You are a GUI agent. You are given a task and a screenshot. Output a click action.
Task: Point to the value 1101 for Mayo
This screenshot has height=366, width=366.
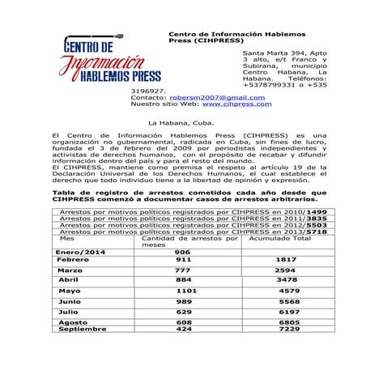click(x=187, y=290)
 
